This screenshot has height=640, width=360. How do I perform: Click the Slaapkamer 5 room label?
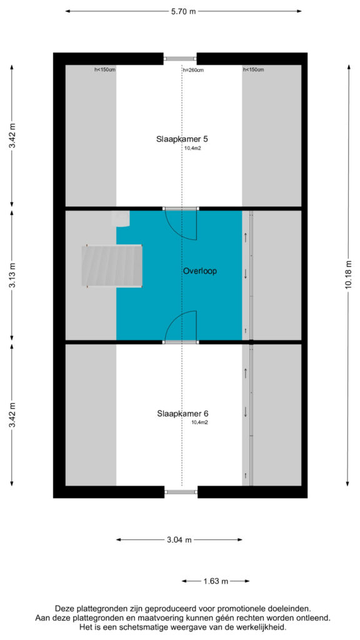[179, 139]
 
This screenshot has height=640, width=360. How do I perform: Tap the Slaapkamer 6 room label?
[181, 414]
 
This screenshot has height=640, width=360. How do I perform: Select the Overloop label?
[199, 271]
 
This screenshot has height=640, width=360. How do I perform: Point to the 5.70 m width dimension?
[183, 11]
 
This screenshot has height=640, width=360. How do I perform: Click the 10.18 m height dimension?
[348, 276]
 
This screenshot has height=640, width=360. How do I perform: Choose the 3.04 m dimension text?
[179, 539]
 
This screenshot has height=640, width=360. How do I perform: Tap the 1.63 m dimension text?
[215, 581]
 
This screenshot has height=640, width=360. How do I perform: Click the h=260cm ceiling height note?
[193, 70]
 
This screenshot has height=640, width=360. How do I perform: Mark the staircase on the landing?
[112, 266]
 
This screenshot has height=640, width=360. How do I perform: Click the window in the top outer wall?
[180, 59]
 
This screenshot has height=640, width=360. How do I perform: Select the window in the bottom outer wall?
[181, 492]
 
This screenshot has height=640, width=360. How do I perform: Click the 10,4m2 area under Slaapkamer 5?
[193, 149]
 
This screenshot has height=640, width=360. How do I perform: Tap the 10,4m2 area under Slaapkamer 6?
[200, 423]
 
